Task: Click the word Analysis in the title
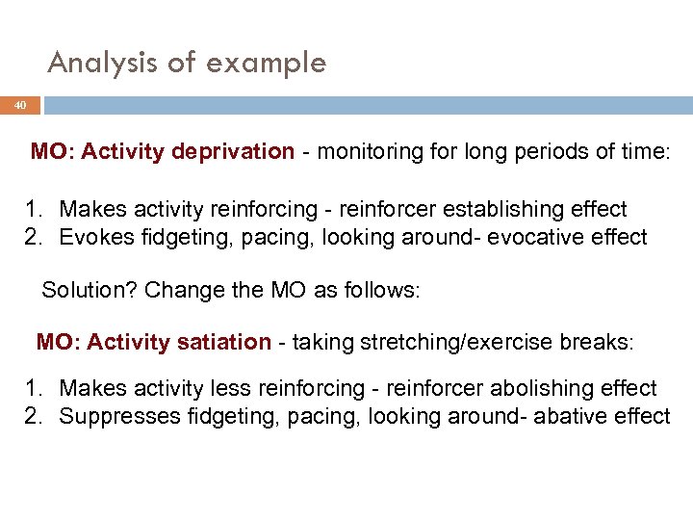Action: click(x=100, y=64)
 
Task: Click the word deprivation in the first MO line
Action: click(x=232, y=151)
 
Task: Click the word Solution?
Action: click(x=89, y=290)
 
